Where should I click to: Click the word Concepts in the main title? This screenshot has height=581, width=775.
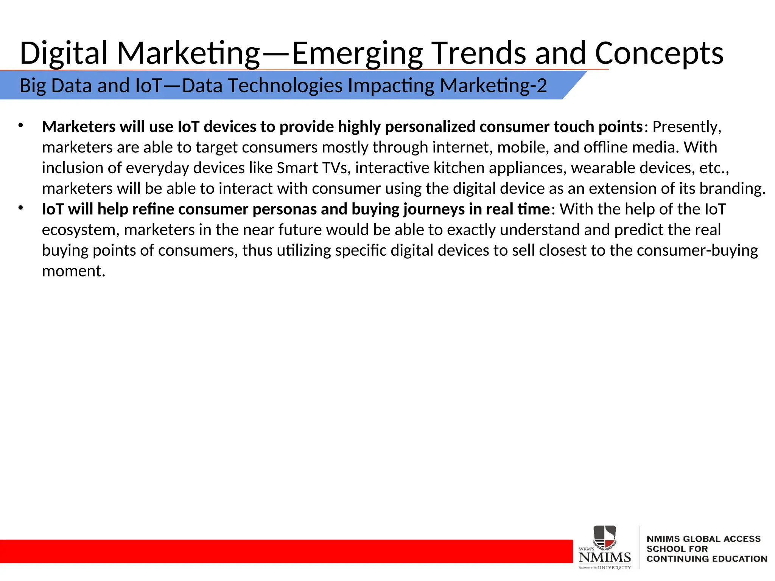pos(659,53)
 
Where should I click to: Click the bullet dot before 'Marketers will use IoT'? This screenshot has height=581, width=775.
pos(21,125)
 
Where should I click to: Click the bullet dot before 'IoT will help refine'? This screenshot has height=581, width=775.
pos(21,208)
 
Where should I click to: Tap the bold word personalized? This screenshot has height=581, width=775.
pos(430,127)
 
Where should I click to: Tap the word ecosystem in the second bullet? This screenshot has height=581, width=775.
pos(81,230)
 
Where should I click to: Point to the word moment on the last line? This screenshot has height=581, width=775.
pos(73,271)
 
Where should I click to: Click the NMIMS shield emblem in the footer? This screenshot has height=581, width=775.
pos(605,537)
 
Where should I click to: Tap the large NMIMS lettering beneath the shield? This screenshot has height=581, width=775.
pos(605,557)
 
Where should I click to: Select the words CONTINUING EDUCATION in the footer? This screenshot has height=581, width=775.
pos(707,559)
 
